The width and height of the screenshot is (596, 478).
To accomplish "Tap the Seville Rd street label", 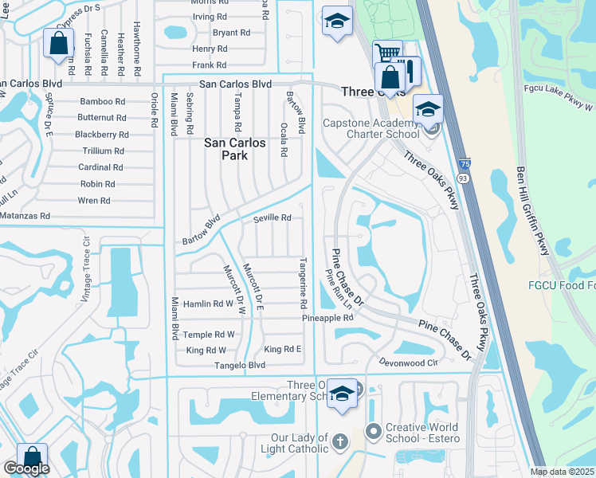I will click(273, 217).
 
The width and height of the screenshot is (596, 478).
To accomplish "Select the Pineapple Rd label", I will click(327, 318).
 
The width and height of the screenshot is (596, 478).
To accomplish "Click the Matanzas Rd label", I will click(25, 216).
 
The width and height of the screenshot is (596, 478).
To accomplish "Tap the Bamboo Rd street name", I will click(103, 101).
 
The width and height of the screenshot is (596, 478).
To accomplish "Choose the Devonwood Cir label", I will click(410, 362).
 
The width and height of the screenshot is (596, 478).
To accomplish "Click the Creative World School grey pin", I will click(372, 432).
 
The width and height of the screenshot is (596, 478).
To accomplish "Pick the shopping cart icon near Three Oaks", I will click(386, 53).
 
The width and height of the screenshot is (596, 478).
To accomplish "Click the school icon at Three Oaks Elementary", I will click(342, 394).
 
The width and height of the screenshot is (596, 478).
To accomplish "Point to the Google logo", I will click(26, 468).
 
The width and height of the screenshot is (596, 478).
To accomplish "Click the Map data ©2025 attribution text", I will click(563, 472).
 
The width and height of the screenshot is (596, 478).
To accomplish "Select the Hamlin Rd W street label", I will click(209, 304).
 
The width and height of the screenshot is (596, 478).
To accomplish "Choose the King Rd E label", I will click(283, 350).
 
